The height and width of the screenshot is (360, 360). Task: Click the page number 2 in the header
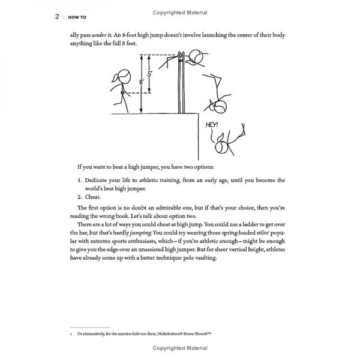click(57, 17)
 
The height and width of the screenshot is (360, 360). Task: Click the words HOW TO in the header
click(76, 17)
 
